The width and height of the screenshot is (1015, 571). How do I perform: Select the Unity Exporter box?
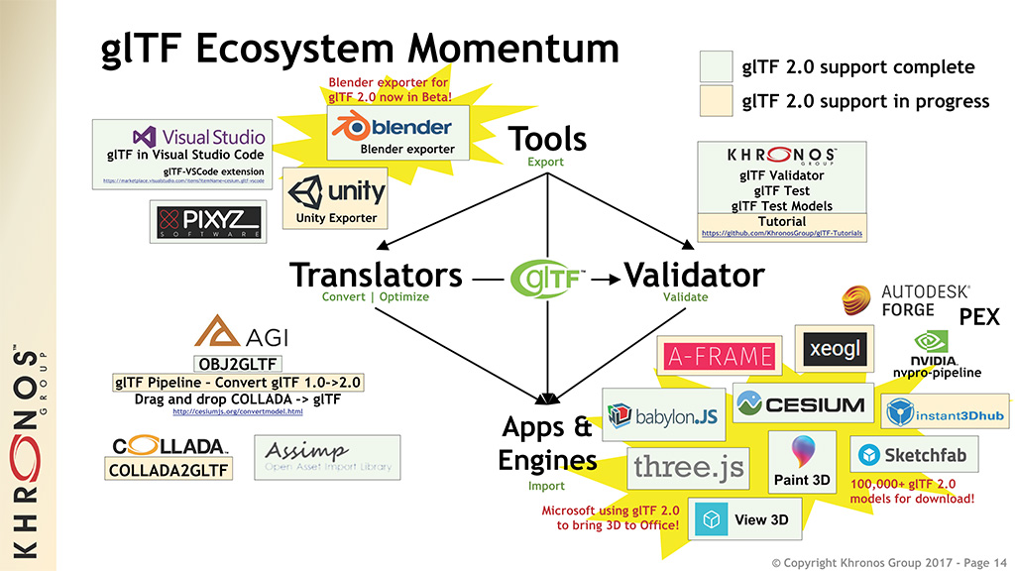pyautogui.click(x=336, y=197)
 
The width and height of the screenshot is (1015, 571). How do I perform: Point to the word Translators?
pyautogui.click(x=376, y=275)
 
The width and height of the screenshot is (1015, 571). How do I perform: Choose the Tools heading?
pyautogui.click(x=547, y=140)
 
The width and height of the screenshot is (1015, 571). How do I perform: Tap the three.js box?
pyautogui.click(x=688, y=466)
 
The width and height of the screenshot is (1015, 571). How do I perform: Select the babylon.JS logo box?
pyautogui.click(x=662, y=414)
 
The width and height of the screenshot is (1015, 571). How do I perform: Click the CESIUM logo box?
pyautogui.click(x=801, y=403)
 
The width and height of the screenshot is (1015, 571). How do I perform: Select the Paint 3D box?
pyautogui.click(x=803, y=463)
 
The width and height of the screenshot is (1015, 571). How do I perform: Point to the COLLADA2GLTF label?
pyautogui.click(x=169, y=470)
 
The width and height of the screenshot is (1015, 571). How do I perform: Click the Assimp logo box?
pyautogui.click(x=327, y=457)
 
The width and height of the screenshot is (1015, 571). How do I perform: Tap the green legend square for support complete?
pyautogui.click(x=716, y=67)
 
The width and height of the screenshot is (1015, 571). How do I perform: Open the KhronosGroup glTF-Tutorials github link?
pyautogui.click(x=781, y=234)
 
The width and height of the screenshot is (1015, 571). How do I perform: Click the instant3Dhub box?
pyautogui.click(x=946, y=411)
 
